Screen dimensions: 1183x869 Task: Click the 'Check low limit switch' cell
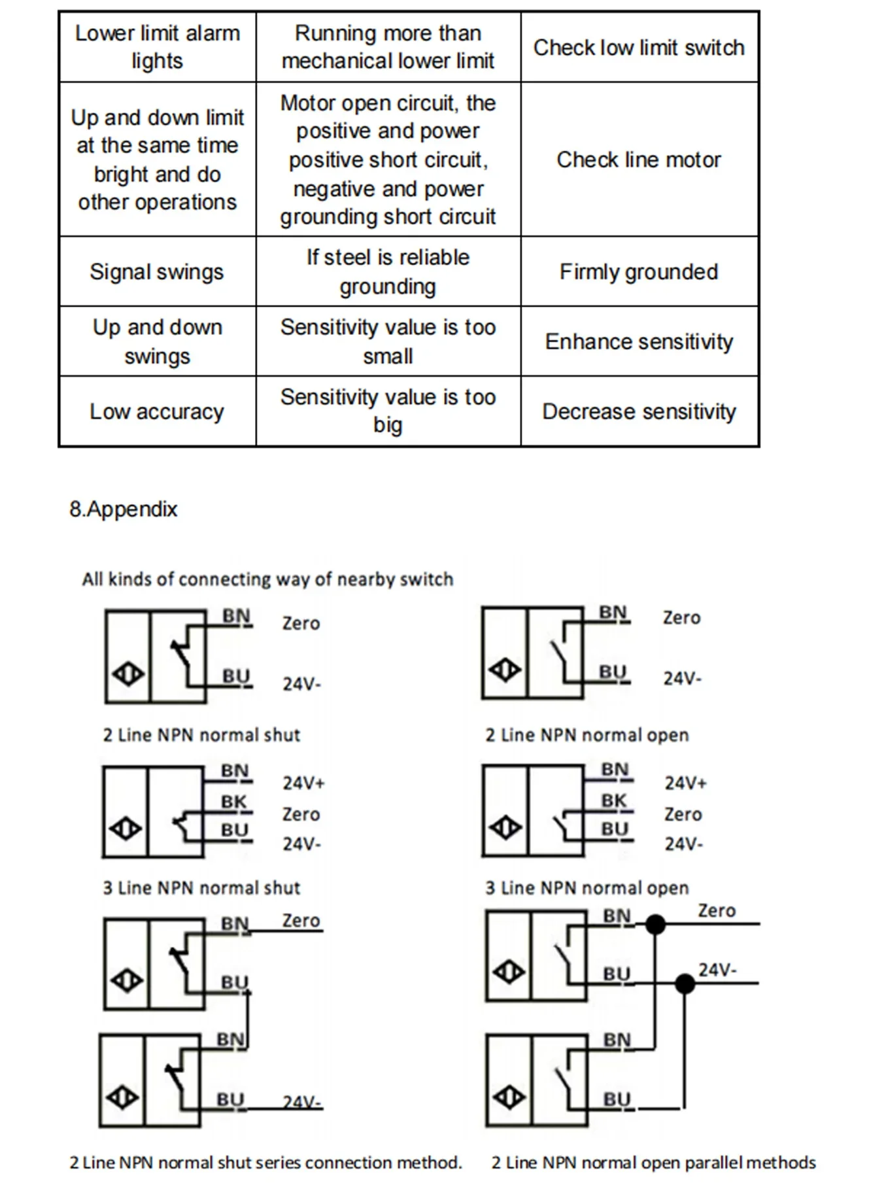tap(639, 48)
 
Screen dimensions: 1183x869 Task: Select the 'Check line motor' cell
tap(639, 160)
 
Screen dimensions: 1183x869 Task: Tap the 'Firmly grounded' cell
tap(639, 272)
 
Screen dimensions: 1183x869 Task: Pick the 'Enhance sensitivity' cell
tap(639, 341)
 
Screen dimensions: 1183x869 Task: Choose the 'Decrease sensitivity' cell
tap(639, 411)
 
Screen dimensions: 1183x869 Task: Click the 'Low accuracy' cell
tap(157, 411)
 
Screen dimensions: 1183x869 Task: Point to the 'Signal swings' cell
tap(157, 272)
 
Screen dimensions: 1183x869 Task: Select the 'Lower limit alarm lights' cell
tap(157, 47)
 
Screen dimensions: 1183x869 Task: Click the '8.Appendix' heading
tap(124, 509)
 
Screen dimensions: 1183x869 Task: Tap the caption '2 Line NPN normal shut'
tap(201, 735)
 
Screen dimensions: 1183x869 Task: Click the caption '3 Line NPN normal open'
tap(587, 888)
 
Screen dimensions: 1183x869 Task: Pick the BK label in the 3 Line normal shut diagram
tap(233, 802)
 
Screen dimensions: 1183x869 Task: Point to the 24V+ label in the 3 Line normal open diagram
tap(685, 783)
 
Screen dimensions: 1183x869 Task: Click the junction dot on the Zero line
tap(655, 924)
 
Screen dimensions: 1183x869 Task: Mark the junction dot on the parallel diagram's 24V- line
tap(685, 983)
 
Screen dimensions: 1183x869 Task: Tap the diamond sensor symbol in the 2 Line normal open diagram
tap(505, 670)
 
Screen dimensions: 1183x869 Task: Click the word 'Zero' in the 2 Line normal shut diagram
tap(301, 623)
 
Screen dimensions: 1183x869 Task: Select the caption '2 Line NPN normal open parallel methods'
tap(653, 1163)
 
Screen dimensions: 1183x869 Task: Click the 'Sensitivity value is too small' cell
tap(388, 341)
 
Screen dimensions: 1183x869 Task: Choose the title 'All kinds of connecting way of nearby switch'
tap(267, 579)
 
